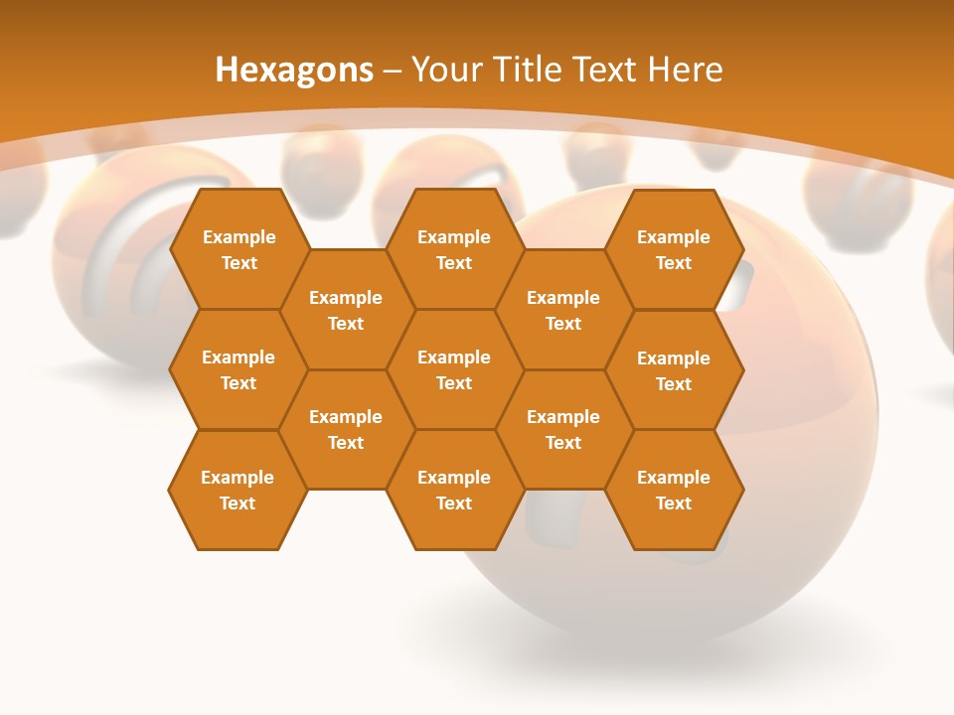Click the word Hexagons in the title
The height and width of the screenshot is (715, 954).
294,70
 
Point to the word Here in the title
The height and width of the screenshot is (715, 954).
685,70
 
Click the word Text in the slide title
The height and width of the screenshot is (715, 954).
605,70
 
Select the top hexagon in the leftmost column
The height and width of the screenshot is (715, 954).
238,249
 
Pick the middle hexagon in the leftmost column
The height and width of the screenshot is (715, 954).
238,369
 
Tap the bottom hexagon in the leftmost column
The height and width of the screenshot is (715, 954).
238,490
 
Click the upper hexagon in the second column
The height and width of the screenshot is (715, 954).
346,310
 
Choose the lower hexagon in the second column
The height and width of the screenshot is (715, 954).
346,429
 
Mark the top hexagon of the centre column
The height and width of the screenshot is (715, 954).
454,249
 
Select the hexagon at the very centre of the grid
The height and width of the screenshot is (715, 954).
454,369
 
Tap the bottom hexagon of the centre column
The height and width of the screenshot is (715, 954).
454,490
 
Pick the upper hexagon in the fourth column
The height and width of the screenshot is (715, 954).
563,310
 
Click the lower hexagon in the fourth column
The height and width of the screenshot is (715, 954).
563,429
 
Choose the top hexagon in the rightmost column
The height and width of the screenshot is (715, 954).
674,249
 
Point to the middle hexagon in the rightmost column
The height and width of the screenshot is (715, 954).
674,370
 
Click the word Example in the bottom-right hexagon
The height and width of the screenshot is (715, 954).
674,478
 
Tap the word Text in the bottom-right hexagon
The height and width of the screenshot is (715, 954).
674,503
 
